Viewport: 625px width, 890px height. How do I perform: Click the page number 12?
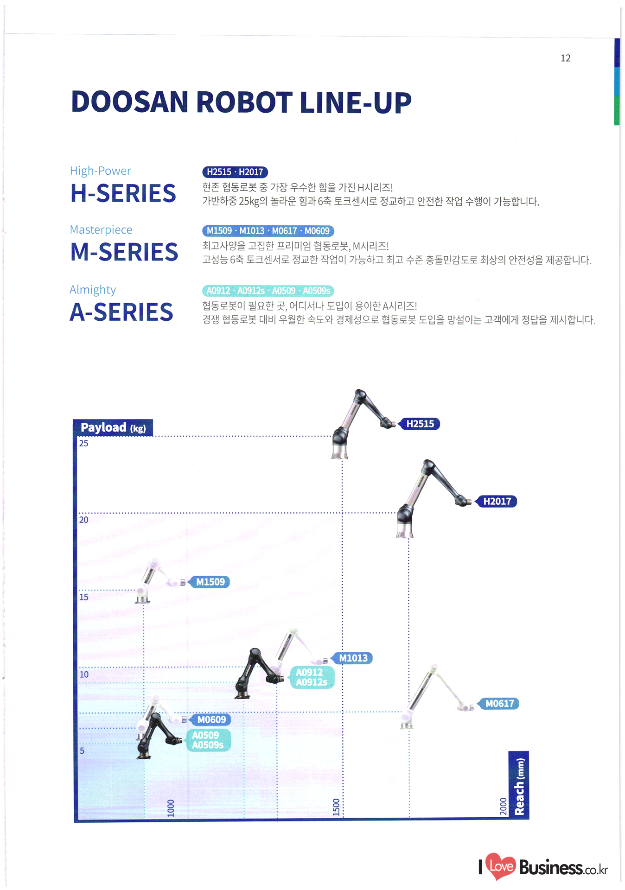tap(565, 58)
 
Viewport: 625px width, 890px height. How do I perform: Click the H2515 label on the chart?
tap(420, 424)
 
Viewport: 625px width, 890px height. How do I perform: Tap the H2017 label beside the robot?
tap(497, 501)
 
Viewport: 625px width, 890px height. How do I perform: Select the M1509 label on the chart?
tap(210, 582)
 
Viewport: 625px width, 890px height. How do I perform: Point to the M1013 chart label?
tap(353, 658)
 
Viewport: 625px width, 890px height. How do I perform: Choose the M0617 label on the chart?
tap(499, 703)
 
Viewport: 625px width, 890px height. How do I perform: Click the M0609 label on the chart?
tap(211, 719)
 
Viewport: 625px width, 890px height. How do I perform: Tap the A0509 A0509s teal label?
tap(208, 740)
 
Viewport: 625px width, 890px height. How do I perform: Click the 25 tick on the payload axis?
tap(83, 443)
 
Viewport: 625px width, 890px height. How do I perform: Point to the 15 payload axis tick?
tap(83, 597)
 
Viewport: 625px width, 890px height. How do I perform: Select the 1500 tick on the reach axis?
tap(336, 807)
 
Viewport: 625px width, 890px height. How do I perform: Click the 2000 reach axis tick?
tap(503, 807)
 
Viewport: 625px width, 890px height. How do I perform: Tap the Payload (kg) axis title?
tap(113, 427)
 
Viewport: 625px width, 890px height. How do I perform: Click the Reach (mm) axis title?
tap(519, 786)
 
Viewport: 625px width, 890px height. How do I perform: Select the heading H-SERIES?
tap(123, 193)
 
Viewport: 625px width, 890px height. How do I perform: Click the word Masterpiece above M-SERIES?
tap(101, 229)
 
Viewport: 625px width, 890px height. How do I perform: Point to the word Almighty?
tap(93, 290)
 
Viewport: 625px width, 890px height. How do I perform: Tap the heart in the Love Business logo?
tap(501, 865)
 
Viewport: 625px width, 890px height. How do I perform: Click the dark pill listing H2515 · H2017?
tap(235, 172)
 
